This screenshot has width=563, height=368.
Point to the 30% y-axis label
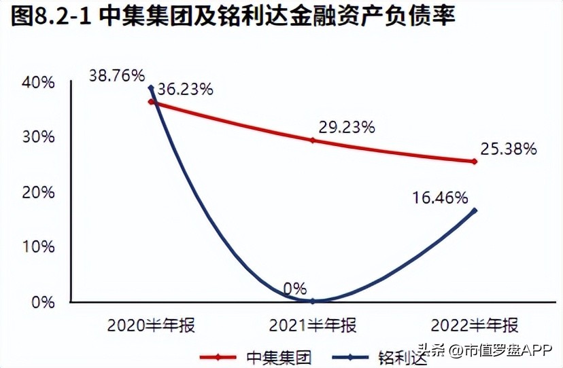[38, 137]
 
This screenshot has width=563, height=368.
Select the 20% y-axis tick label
[38, 192]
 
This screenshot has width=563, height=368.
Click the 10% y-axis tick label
[38, 246]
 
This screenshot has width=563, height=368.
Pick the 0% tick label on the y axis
[42, 301]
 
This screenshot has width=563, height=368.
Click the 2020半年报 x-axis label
[151, 325]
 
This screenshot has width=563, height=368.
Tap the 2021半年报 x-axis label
[312, 325]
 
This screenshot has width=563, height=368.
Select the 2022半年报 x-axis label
[474, 325]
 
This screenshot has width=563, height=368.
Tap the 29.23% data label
[347, 127]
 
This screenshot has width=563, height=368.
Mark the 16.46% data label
[440, 198]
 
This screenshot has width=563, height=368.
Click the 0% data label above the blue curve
[295, 288]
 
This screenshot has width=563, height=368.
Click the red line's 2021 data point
[313, 140]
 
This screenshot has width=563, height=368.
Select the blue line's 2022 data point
[474, 210]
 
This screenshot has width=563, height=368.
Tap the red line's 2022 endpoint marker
[474, 162]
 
